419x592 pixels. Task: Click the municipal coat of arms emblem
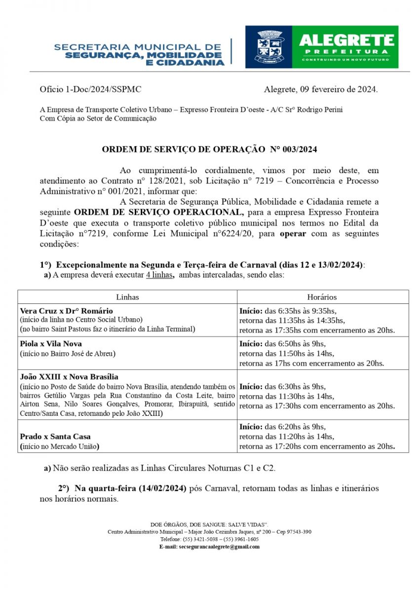[268, 47]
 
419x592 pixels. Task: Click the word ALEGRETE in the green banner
[346, 40]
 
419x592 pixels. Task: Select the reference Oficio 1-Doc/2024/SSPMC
[90, 89]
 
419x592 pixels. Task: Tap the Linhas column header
[127, 297]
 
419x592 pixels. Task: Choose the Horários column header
[322, 297]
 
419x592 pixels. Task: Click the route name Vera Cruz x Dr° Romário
[67, 311]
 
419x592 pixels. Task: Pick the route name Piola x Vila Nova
[51, 343]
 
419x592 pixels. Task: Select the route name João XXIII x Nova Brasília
[69, 376]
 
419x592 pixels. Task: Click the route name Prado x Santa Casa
[55, 437]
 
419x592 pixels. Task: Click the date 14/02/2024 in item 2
[162, 488]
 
